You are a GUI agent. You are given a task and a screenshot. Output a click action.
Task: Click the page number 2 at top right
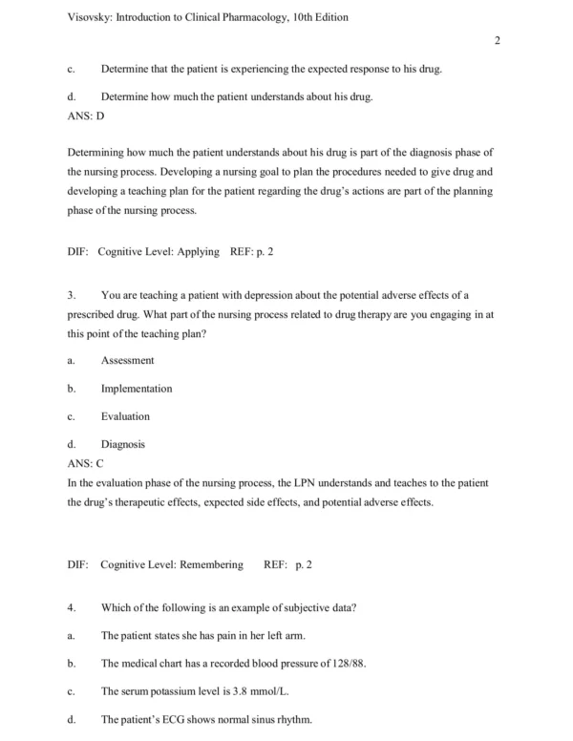(498, 39)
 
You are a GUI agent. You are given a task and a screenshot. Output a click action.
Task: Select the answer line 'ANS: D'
(86, 115)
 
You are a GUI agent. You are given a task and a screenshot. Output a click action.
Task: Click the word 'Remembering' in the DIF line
(204, 564)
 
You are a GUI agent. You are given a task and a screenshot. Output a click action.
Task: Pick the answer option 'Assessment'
(127, 360)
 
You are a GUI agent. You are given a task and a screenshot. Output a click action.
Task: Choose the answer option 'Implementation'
(137, 389)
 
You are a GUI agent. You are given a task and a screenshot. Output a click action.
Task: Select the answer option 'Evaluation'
(125, 416)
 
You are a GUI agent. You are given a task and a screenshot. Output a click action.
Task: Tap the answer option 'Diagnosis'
(123, 444)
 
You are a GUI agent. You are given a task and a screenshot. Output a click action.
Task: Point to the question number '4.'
(73, 607)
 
